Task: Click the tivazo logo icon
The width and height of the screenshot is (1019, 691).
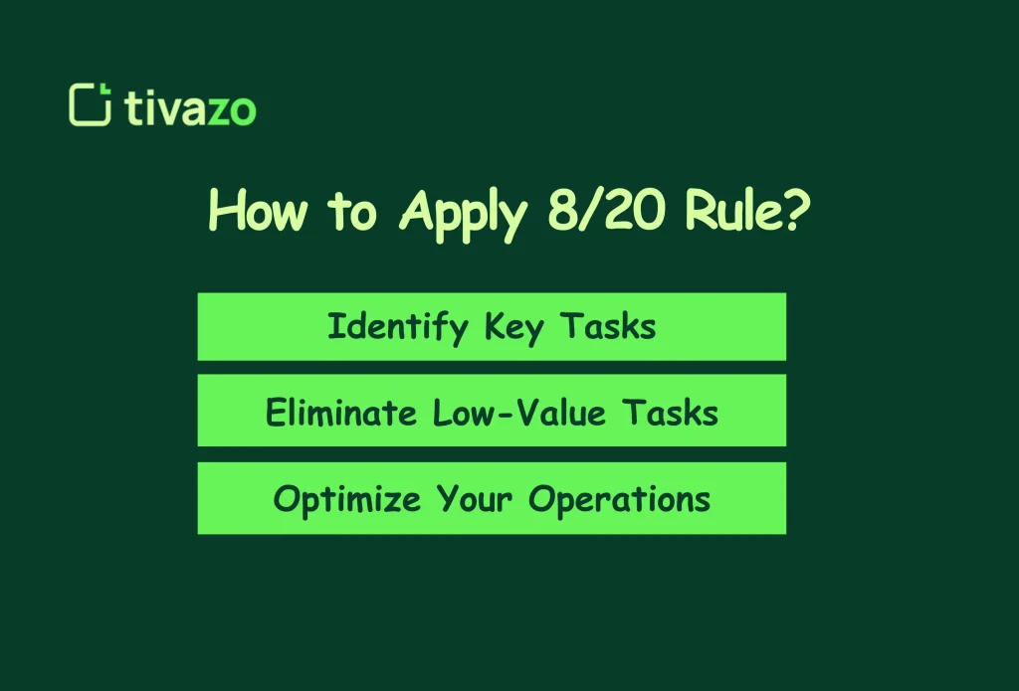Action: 90,105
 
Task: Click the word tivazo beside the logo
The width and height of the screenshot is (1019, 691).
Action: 191,107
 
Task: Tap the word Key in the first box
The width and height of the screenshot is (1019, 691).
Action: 511,328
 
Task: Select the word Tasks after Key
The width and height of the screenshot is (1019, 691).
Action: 608,326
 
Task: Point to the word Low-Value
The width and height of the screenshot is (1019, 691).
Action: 518,412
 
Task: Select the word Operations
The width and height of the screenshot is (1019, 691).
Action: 620,499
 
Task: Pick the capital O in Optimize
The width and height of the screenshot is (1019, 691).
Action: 285,497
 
